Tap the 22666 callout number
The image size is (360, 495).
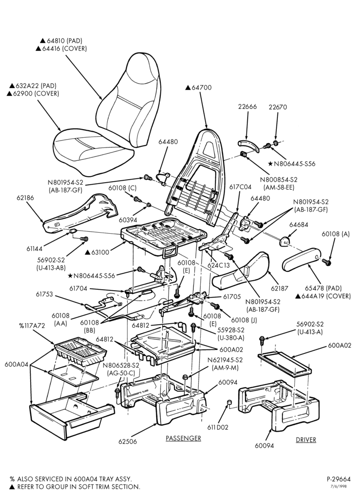pos(247,107)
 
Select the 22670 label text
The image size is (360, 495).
pos(278,107)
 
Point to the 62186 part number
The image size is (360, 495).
pos(25,198)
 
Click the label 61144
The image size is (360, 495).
pos(34,249)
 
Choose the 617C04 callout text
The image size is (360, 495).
pos(240,187)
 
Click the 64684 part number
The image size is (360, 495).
pos(299,225)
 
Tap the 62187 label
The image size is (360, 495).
pos(279,288)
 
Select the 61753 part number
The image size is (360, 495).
pos(44,295)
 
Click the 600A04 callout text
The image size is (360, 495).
pos(16,364)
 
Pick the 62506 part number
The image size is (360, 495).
pos(128,442)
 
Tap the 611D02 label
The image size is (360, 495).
pos(218,427)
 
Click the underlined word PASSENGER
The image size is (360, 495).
pos(183,438)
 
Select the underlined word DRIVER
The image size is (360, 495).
pos(306,440)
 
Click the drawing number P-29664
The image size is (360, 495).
pos(339,479)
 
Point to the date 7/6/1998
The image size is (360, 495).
pos(343,487)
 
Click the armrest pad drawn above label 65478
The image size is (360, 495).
pos(302,260)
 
